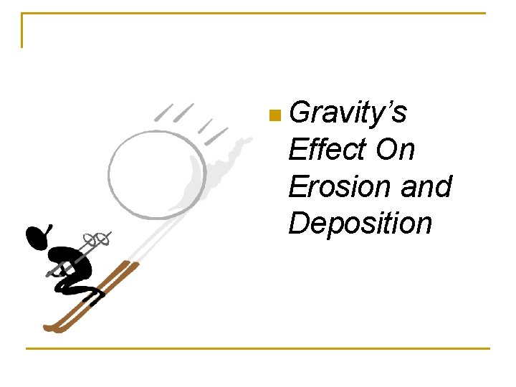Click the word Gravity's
click(349, 113)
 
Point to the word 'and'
click(426, 186)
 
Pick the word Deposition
click(360, 224)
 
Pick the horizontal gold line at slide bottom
click(258, 349)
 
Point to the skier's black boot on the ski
click(92, 294)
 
